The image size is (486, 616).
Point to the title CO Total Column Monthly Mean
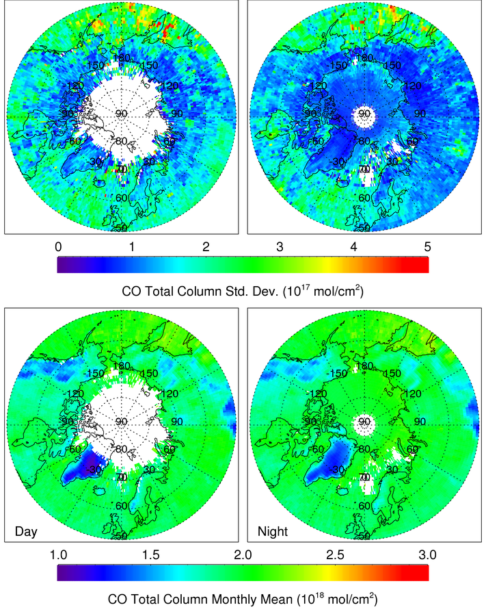243,599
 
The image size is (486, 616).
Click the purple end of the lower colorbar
64,572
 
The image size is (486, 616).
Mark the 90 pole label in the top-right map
364,114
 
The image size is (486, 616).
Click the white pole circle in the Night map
364,424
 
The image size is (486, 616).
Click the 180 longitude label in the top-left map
122,58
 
